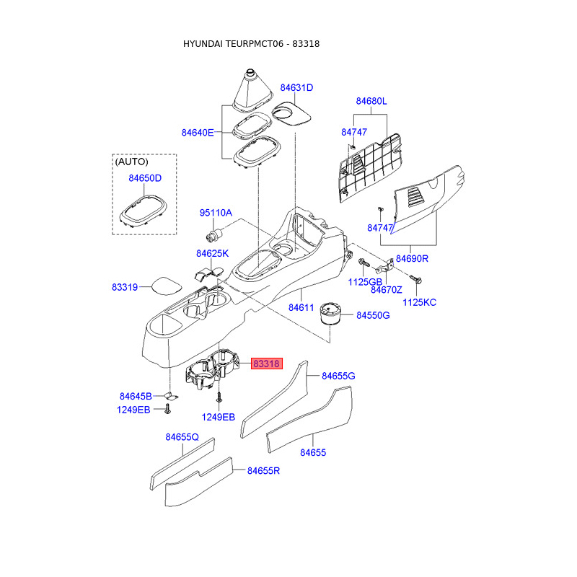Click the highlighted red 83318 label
click(x=266, y=364)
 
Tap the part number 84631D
click(x=296, y=87)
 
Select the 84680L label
click(x=371, y=101)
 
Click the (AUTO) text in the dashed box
click(x=131, y=162)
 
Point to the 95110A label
click(x=216, y=213)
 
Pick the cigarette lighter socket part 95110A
click(x=215, y=234)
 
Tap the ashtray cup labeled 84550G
click(x=331, y=314)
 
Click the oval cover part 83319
click(x=167, y=286)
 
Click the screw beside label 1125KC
click(x=416, y=280)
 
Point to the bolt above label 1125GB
click(x=364, y=263)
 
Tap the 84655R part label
click(x=263, y=471)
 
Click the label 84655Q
click(x=182, y=437)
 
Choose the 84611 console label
click(x=301, y=307)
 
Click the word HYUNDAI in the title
click(x=203, y=44)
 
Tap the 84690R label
click(x=412, y=258)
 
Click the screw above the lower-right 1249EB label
click(x=219, y=397)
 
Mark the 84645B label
click(x=136, y=396)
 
